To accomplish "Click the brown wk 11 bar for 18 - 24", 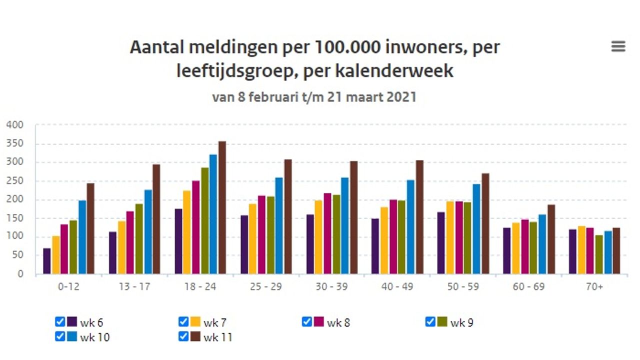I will (222, 207).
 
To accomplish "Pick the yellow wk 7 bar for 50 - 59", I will (450, 237).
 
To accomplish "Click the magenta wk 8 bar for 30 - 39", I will (327, 233).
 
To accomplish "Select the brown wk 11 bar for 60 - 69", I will (551, 239).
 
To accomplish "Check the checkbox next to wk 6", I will (60, 321).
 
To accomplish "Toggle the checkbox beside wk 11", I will (183, 336).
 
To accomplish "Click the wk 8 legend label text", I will (338, 322).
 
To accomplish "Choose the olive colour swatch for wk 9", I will (442, 321).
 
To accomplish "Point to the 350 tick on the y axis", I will (15, 143).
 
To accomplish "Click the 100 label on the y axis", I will (15, 236).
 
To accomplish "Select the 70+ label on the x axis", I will (595, 287).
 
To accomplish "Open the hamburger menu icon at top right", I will (618, 46).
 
